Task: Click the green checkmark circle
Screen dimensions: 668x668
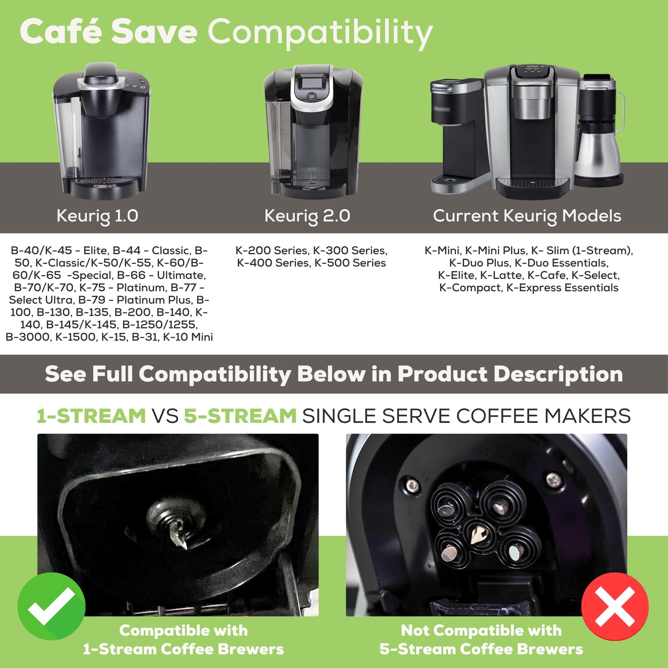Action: [x=51, y=606]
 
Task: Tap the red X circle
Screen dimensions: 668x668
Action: [x=615, y=606]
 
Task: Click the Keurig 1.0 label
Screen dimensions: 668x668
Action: [x=97, y=216]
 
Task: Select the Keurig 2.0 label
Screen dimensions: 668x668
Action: [x=307, y=216]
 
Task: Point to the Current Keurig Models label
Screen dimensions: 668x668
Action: [x=527, y=216]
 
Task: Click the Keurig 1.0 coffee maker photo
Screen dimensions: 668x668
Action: [x=102, y=132]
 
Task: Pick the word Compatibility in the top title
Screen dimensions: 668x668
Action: [x=320, y=32]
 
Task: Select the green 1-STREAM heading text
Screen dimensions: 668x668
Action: [x=92, y=416]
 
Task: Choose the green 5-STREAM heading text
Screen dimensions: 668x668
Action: [x=240, y=416]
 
